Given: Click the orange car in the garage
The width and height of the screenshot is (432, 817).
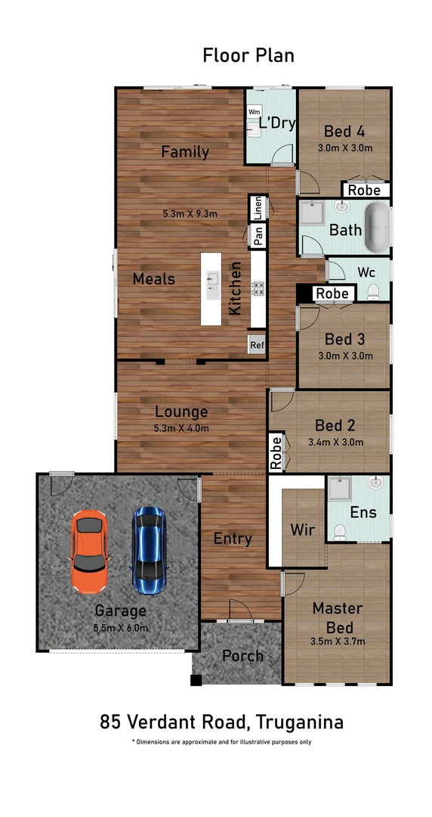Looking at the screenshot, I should point(89,551).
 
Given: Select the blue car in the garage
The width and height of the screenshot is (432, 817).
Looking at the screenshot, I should point(148,549).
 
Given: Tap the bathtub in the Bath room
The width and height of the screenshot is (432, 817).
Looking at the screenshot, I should point(376,227).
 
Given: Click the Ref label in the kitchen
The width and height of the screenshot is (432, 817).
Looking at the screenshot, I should point(258,344).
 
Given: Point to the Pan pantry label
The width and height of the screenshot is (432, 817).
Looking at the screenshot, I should point(258,237).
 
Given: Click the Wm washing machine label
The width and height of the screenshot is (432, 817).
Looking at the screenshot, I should point(255,112).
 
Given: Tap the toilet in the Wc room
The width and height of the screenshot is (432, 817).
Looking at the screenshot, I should point(372,291).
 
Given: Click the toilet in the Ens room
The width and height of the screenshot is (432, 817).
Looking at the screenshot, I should point(340,533).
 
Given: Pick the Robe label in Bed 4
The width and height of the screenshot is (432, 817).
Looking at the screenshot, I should point(364,191).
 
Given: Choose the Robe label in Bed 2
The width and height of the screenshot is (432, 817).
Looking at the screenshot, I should point(276,452).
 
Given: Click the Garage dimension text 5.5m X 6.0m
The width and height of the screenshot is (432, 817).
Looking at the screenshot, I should point(121,628).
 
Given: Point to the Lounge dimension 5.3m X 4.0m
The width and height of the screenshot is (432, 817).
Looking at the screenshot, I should point(181,428).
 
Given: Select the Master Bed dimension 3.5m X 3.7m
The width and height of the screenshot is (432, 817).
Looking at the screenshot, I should point(338,641).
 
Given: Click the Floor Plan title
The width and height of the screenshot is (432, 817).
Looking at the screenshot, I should point(248,55).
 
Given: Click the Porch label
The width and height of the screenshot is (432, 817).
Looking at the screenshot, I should point(242,656).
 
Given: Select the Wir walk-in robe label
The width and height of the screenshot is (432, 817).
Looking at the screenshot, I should point(303,530).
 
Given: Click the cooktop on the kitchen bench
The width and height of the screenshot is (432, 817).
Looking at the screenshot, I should point(258,287).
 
